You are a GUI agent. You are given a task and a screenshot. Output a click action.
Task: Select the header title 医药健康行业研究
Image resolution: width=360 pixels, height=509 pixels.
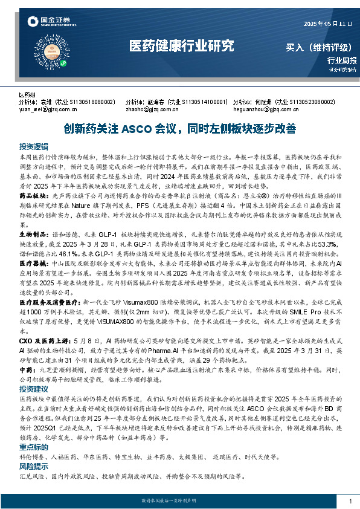pyautogui.click(x=181, y=46)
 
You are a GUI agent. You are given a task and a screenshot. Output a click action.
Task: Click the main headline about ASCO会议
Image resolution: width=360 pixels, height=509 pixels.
pyautogui.click(x=180, y=129)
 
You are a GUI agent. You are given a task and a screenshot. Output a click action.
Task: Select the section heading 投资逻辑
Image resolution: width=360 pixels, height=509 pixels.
pyautogui.click(x=33, y=147)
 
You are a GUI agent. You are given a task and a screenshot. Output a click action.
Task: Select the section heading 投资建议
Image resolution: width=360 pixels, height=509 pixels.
pyautogui.click(x=33, y=389)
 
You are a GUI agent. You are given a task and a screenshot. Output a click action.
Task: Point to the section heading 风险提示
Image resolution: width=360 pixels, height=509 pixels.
pyautogui.click(x=33, y=467)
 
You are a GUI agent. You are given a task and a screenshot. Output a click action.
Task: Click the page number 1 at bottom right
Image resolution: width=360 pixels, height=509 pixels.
pyautogui.click(x=350, y=501)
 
